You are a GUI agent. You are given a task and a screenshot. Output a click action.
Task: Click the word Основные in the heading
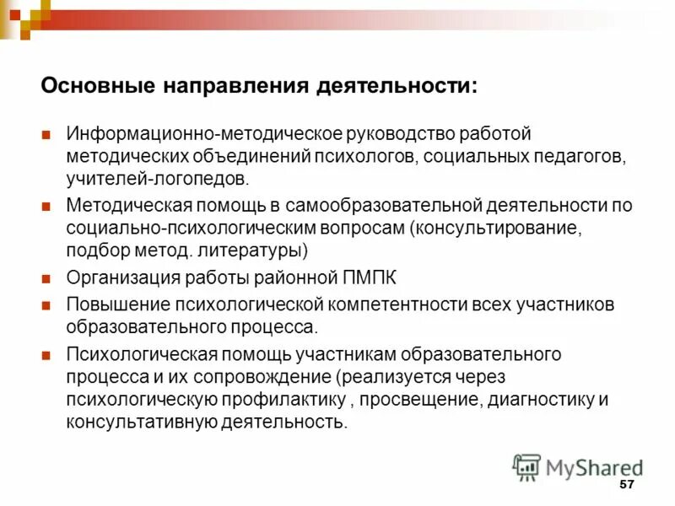[94, 86]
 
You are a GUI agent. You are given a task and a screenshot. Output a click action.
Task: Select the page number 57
[626, 485]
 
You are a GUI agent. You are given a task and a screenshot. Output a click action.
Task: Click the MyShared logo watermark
[577, 466]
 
